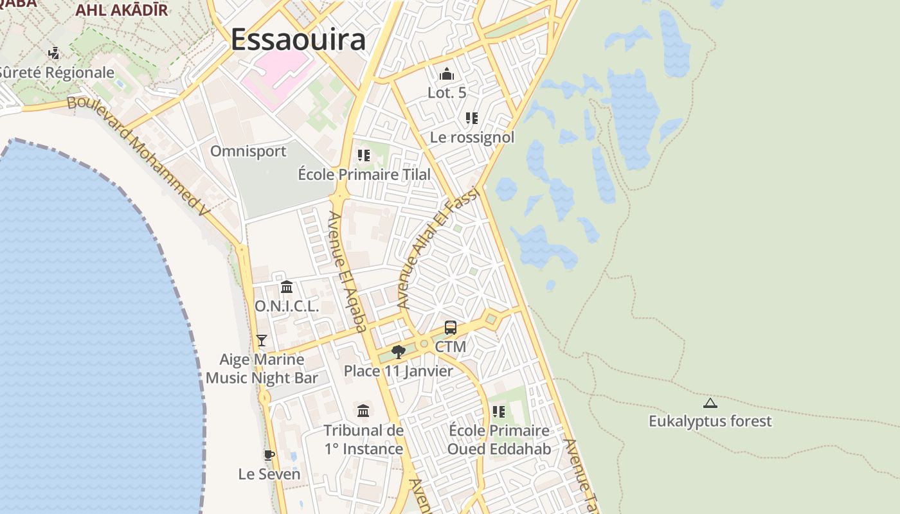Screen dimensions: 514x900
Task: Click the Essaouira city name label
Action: pyautogui.click(x=298, y=40)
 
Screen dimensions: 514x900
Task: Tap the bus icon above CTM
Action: pyautogui.click(x=451, y=328)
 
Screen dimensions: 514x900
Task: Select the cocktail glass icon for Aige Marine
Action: pyautogui.click(x=261, y=340)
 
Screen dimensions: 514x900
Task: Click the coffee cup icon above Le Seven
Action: pyautogui.click(x=269, y=456)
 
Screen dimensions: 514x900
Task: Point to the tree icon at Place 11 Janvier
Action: pyautogui.click(x=398, y=351)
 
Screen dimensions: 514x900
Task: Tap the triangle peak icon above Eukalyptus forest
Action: pyautogui.click(x=710, y=403)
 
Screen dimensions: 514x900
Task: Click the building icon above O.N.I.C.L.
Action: pyautogui.click(x=287, y=287)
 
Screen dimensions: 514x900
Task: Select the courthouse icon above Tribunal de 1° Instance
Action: pyautogui.click(x=363, y=411)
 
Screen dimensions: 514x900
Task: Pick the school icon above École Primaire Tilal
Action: pyautogui.click(x=364, y=155)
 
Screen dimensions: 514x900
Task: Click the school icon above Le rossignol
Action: pyautogui.click(x=472, y=118)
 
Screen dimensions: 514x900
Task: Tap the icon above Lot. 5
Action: pyautogui.click(x=447, y=74)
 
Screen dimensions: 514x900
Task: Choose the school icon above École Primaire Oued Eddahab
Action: pyautogui.click(x=499, y=411)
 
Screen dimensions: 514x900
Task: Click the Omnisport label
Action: pyautogui.click(x=248, y=151)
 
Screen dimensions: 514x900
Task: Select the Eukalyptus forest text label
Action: pyautogui.click(x=710, y=421)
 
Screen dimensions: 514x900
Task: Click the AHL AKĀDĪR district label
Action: pyautogui.click(x=122, y=10)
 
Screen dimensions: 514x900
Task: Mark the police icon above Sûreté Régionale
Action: pyautogui.click(x=55, y=53)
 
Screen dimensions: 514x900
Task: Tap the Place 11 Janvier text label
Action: pyautogui.click(x=398, y=371)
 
